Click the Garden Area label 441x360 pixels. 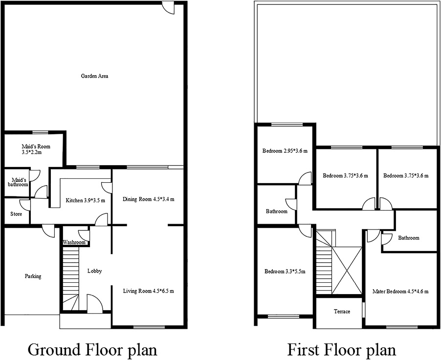(95, 76)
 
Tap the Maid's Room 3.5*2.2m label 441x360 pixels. (36, 149)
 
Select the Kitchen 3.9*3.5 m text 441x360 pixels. (86, 200)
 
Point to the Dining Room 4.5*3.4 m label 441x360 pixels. (148, 199)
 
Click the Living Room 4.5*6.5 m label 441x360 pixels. (148, 291)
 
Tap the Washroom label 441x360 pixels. (74, 242)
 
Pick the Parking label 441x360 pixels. (33, 276)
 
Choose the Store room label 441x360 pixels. (16, 213)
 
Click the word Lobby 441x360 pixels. (94, 271)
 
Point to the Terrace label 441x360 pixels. (342, 312)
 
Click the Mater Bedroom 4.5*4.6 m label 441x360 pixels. (400, 292)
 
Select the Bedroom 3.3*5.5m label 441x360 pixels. (285, 272)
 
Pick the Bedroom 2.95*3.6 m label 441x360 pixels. (285, 150)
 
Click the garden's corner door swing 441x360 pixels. (169, 9)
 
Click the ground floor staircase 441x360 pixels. (71, 278)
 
